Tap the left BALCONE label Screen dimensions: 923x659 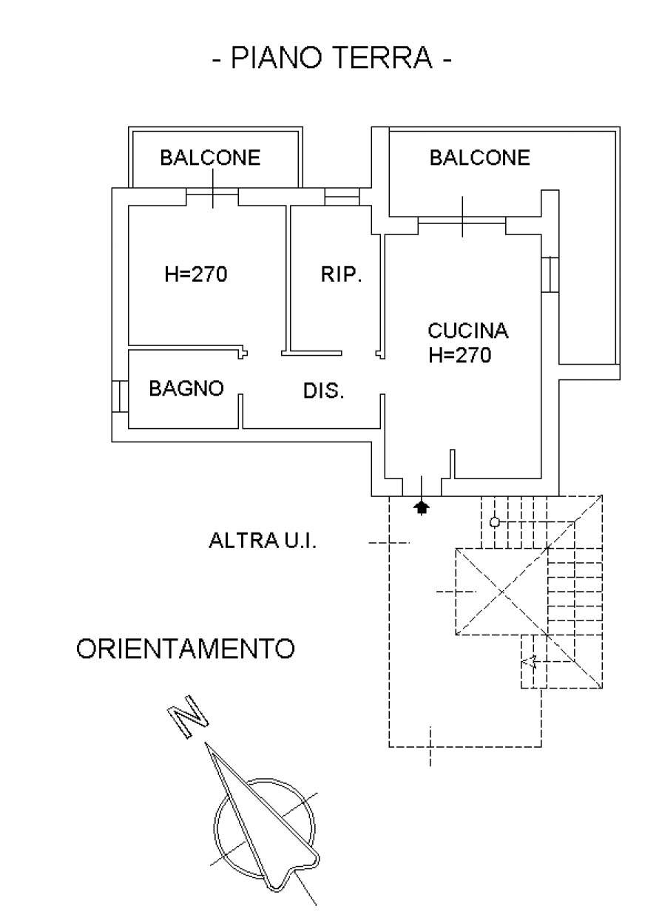tap(211, 158)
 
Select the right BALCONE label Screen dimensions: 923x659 tap(480, 158)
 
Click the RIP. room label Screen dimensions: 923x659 tap(341, 275)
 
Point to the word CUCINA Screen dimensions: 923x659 tap(468, 331)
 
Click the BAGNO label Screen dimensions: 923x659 tap(186, 388)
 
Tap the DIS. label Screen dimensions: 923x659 tap(324, 391)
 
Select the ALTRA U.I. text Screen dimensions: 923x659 tap(263, 541)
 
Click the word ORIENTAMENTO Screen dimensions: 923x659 tap(186, 649)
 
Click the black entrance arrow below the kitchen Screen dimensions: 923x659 tap(422, 507)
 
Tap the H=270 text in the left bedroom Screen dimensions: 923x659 tap(196, 275)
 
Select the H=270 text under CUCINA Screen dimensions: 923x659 tap(459, 356)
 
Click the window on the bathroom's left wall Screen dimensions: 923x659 tap(119, 396)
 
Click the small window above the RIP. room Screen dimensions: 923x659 tap(342, 196)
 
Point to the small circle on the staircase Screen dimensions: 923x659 tap(495, 522)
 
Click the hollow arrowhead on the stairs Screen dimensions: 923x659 tap(529, 662)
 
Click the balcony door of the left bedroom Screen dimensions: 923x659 tap(212, 196)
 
